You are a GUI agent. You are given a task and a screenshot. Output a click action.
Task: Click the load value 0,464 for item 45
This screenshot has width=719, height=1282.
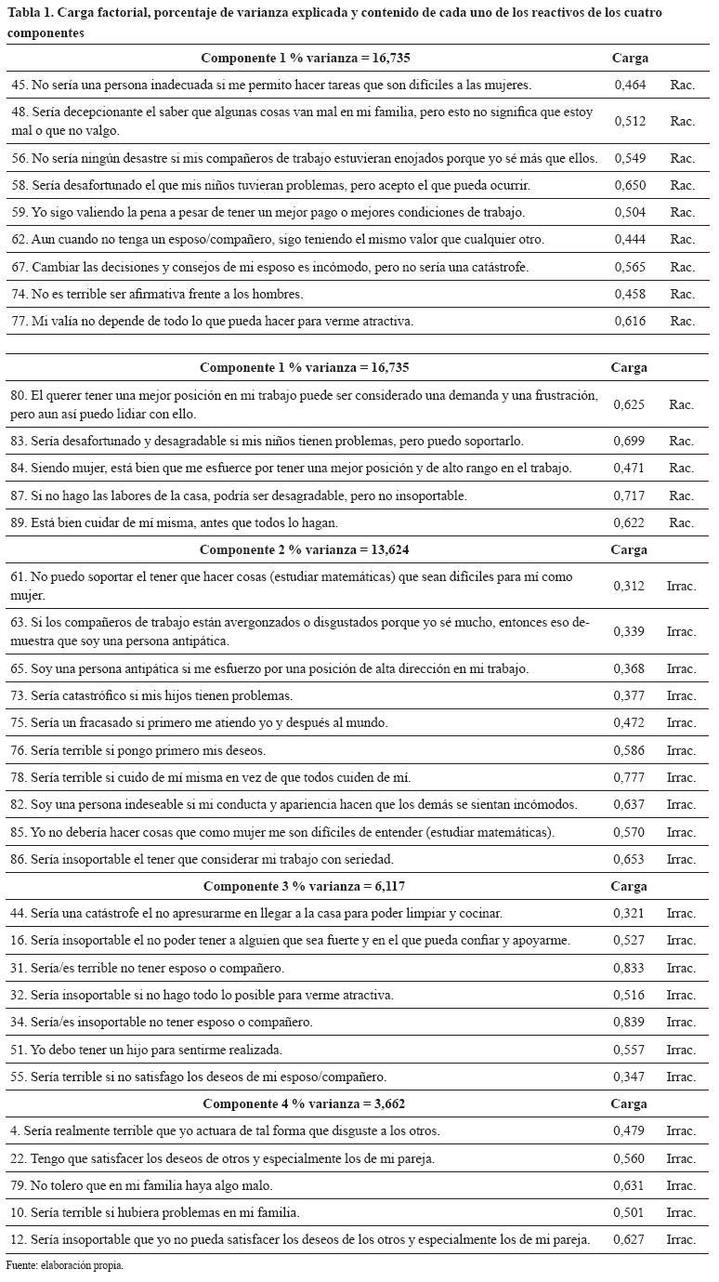tap(630, 85)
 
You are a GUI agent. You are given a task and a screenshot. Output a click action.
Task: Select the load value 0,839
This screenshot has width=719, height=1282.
tap(630, 1023)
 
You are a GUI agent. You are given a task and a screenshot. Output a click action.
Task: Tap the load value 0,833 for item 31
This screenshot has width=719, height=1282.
tap(630, 968)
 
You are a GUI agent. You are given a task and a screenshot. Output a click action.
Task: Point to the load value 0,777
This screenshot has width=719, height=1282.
tap(630, 777)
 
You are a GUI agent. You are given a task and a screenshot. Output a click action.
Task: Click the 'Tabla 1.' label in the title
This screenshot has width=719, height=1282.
tap(30, 12)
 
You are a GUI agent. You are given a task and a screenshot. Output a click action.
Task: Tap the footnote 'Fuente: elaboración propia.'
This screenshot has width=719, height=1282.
tap(65, 1266)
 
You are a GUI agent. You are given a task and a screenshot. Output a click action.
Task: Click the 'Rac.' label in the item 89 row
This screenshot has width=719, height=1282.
tap(682, 522)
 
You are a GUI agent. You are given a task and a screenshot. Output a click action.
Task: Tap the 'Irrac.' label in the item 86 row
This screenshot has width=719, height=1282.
tap(681, 859)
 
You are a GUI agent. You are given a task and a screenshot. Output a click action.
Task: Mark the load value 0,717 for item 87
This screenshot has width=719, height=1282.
tap(630, 496)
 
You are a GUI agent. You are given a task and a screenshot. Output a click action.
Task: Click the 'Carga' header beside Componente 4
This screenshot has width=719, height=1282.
tap(630, 1104)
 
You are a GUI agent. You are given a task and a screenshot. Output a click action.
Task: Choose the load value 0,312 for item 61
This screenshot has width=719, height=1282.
tap(630, 587)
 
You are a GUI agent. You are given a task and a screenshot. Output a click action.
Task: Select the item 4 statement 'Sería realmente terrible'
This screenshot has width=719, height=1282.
tap(225, 1131)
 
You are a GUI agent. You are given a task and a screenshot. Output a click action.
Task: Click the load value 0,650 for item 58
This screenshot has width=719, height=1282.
tap(630, 185)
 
